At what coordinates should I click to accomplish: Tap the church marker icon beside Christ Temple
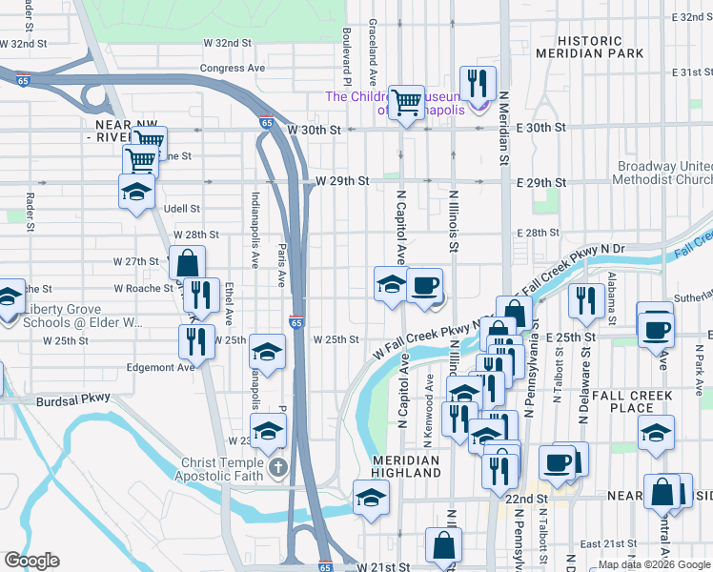pos(277,467)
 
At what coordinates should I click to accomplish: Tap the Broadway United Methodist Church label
pos(662,172)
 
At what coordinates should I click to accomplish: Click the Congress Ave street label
pos(233,69)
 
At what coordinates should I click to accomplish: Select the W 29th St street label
pos(335,181)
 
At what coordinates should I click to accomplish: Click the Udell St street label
pos(181,209)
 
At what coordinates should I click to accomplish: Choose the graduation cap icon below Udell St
pos(136,190)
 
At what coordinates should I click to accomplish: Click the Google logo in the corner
pos(32,561)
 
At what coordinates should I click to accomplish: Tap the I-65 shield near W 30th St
pos(266,123)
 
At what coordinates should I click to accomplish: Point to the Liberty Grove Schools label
pos(83,316)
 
